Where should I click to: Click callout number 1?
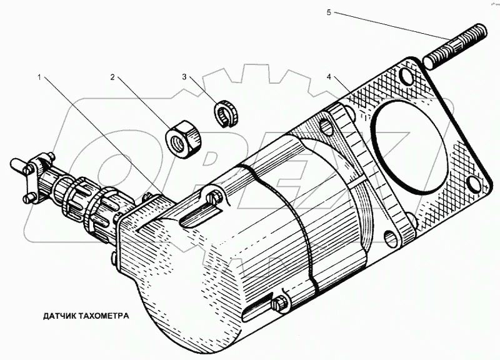coord(39,77)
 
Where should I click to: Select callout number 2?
coord(112,77)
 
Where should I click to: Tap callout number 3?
coord(184,77)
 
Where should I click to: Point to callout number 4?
coord(328,77)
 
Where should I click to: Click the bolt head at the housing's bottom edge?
coord(279,305)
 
